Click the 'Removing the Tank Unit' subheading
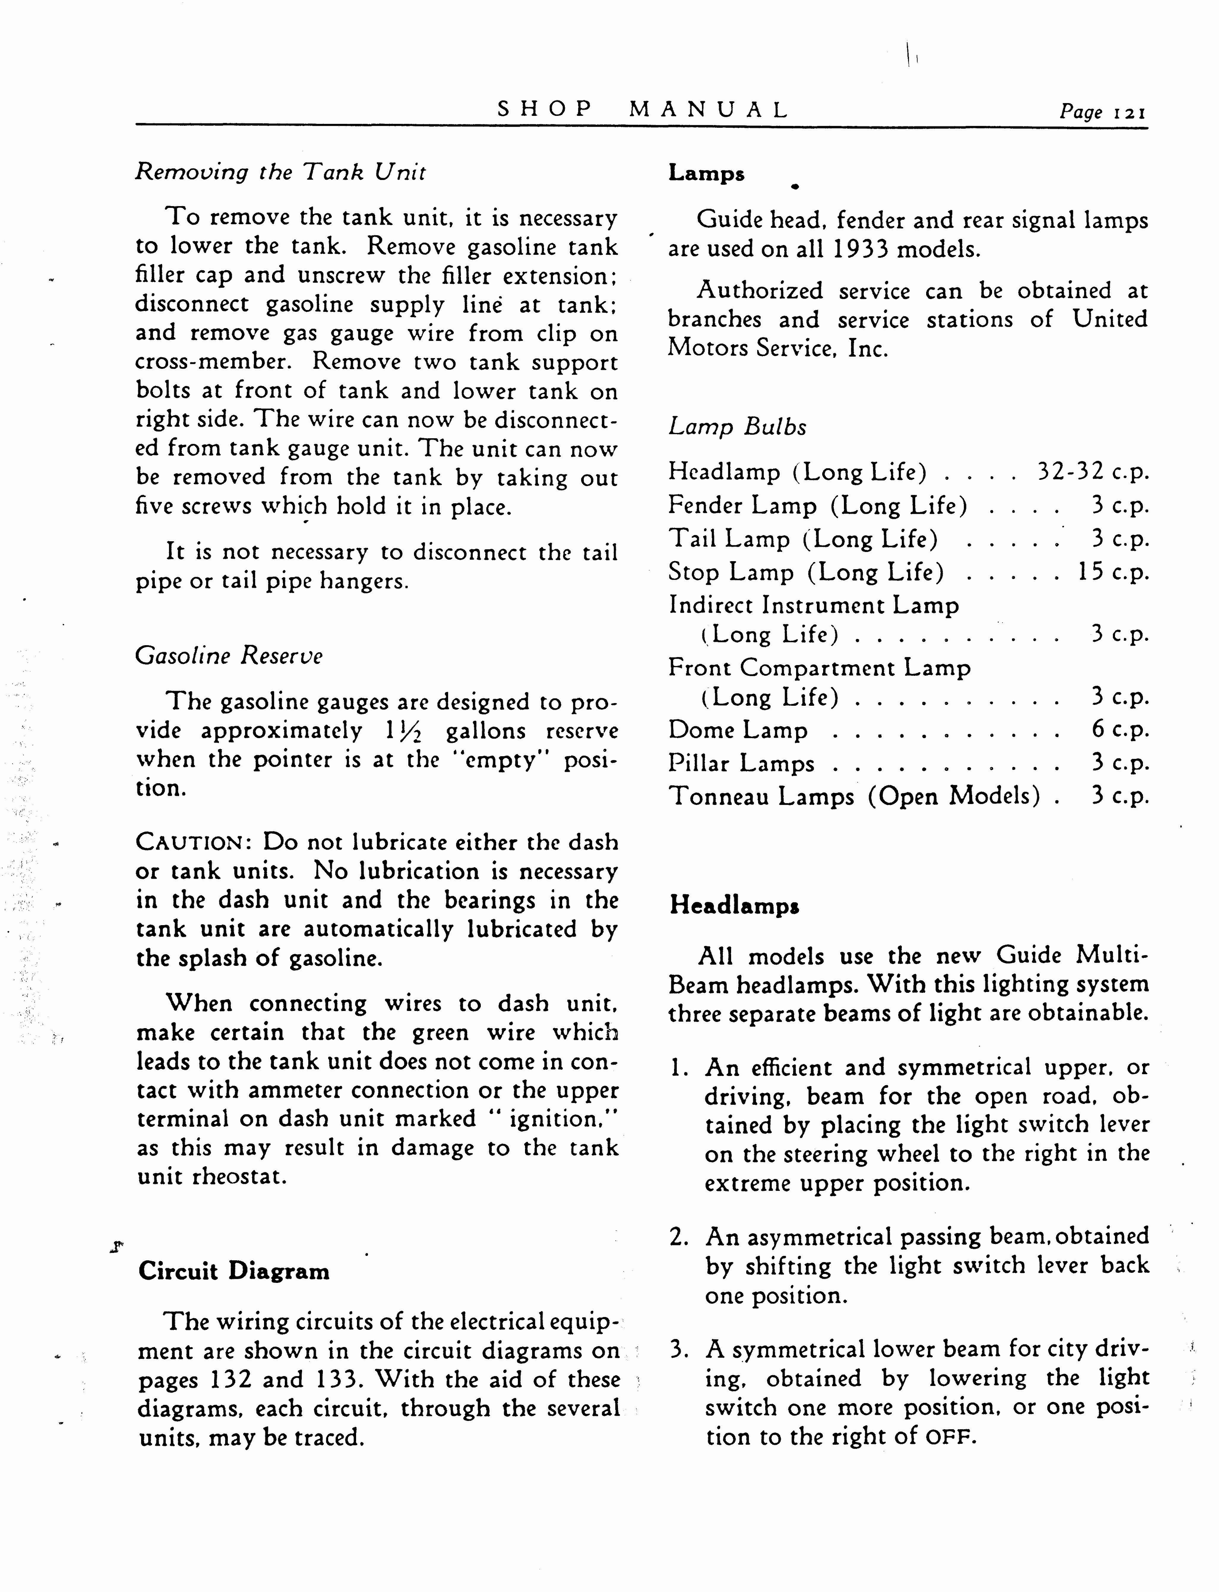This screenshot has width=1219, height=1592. (280, 172)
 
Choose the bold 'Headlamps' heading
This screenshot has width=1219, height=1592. (734, 905)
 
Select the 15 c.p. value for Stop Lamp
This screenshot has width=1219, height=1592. (1113, 572)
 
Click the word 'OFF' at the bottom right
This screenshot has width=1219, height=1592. (950, 1437)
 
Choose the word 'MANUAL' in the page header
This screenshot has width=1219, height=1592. (708, 110)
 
